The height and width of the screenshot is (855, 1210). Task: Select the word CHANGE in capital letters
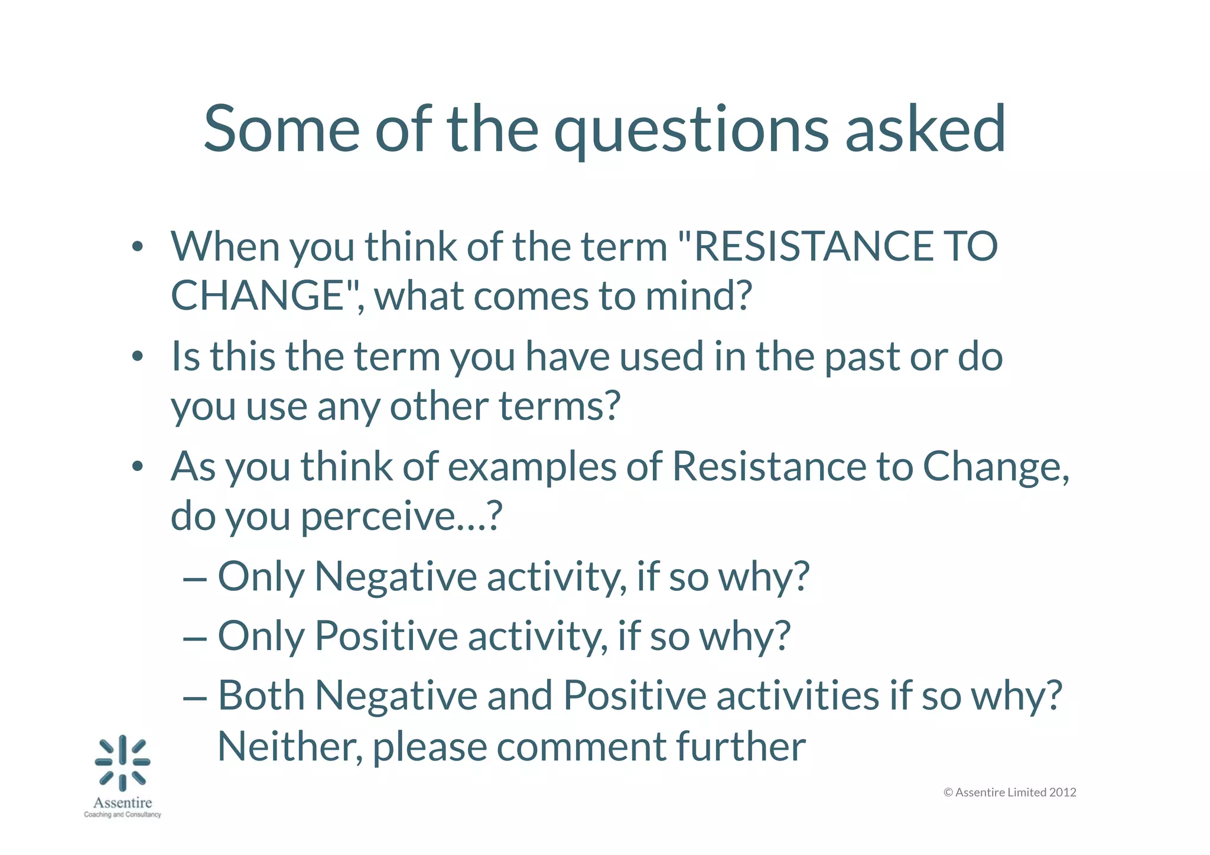tap(258, 295)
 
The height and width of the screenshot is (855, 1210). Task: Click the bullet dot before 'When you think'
tap(137, 247)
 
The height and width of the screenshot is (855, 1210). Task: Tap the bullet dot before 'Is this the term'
tap(137, 357)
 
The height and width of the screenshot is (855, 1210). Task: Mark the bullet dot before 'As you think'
tap(137, 467)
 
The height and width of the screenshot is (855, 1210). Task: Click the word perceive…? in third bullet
tap(402, 516)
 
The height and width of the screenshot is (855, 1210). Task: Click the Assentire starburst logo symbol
tap(123, 763)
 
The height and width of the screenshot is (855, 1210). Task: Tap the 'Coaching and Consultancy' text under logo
tap(122, 815)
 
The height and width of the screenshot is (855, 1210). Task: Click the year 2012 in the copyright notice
tap(1062, 792)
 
